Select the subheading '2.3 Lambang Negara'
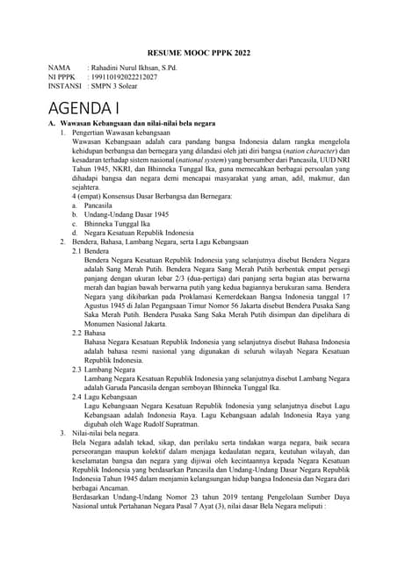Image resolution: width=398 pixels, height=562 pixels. [104, 370]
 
